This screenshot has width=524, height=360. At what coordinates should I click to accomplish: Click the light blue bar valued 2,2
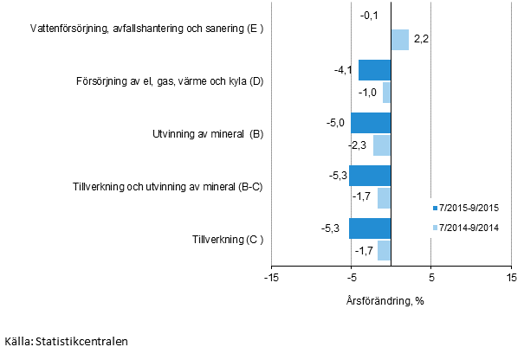click(x=399, y=40)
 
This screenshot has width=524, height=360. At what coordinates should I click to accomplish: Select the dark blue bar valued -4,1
click(x=374, y=71)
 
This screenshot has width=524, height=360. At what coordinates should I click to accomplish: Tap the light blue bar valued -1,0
click(x=386, y=93)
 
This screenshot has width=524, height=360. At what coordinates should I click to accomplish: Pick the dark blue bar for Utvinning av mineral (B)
click(x=371, y=123)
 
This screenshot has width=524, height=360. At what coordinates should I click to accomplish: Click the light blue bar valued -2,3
click(x=381, y=145)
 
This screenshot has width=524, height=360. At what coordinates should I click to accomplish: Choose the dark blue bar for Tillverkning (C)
click(x=370, y=228)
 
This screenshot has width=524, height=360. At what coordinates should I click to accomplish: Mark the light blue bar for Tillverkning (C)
click(x=384, y=250)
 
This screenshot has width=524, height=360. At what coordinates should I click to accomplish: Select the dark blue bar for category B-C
click(x=370, y=176)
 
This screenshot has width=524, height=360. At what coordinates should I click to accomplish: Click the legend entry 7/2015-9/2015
click(x=469, y=209)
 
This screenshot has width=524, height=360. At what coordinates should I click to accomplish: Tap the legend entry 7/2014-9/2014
click(x=469, y=228)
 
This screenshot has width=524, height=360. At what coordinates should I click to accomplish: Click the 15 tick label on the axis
click(x=511, y=278)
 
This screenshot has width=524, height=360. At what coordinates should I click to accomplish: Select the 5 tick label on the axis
click(x=430, y=278)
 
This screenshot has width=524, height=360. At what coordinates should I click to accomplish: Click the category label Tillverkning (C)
click(x=228, y=240)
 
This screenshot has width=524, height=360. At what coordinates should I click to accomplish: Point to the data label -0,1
click(x=367, y=16)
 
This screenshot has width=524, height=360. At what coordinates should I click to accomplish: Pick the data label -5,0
click(x=336, y=123)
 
